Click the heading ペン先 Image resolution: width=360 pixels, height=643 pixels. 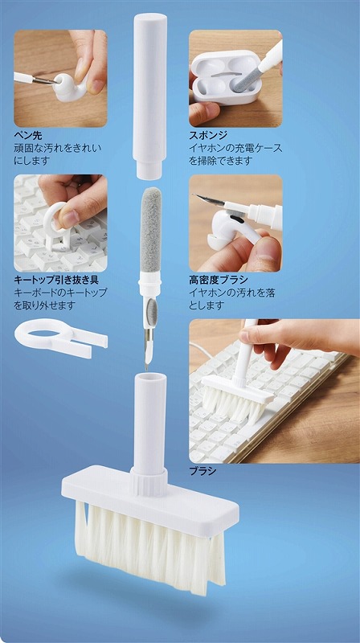point(28,134)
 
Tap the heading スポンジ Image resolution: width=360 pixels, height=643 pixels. point(208,134)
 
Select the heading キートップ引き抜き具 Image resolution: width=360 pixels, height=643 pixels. point(56,280)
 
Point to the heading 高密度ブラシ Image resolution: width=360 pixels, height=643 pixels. point(219,280)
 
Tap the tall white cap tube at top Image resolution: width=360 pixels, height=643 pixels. point(149,96)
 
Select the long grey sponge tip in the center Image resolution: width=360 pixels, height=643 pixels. point(150,229)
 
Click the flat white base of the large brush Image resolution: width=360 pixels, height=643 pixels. point(150,499)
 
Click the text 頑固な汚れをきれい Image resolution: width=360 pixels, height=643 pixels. point(57,148)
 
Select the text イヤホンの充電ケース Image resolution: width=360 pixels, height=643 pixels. point(235,148)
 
